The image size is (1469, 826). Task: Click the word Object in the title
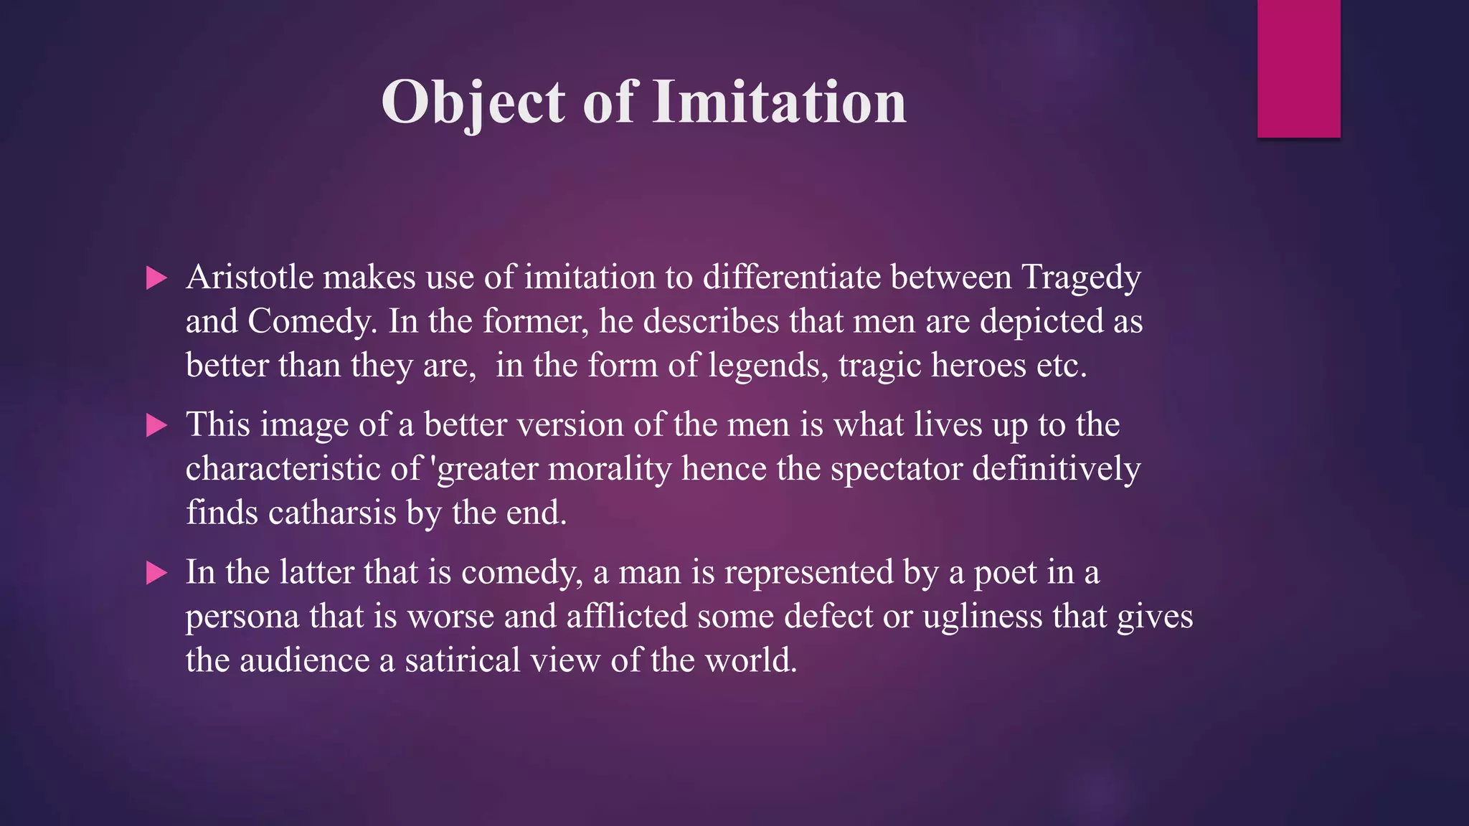click(x=473, y=102)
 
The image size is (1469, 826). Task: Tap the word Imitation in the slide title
click(x=780, y=102)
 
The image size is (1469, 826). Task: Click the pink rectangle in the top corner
click(x=1298, y=68)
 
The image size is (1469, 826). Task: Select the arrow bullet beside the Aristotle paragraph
click(x=156, y=278)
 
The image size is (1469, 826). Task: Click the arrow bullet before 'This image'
click(x=156, y=426)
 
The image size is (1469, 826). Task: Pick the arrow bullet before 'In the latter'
click(x=156, y=573)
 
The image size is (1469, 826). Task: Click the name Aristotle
click(x=250, y=277)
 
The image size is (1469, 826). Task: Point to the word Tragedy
click(x=1080, y=277)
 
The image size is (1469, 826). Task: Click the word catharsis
click(x=332, y=513)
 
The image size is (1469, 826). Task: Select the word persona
click(x=242, y=617)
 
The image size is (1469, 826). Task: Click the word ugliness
click(x=982, y=617)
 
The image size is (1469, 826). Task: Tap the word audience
click(x=305, y=660)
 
